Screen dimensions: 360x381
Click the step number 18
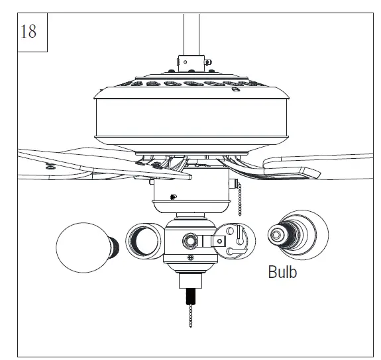[28, 32]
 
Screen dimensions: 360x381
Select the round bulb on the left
[80, 247]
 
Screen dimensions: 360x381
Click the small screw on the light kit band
[191, 257]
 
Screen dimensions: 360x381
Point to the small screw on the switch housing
[173, 196]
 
